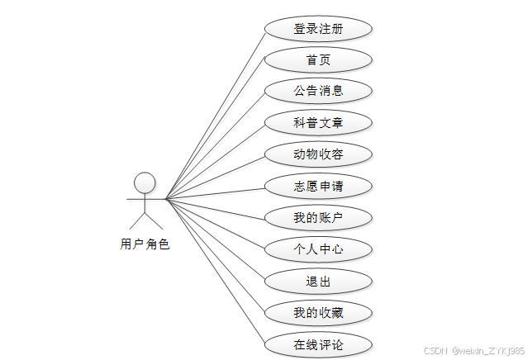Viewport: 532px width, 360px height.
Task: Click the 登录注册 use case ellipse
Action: click(x=318, y=28)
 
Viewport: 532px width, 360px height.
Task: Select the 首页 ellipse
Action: click(x=318, y=59)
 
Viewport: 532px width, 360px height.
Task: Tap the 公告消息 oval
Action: click(x=318, y=91)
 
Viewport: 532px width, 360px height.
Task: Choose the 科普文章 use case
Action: click(x=318, y=123)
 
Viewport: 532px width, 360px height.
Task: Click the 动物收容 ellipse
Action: click(x=318, y=154)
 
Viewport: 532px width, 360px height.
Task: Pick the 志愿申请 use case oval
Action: click(x=318, y=186)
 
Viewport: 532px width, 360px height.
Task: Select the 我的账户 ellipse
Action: click(x=318, y=218)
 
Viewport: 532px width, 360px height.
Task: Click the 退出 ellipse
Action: click(x=318, y=281)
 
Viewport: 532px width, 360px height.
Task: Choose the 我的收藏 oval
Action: click(x=318, y=313)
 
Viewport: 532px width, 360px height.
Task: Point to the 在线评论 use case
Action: click(x=318, y=344)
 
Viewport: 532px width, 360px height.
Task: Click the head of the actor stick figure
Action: click(x=145, y=182)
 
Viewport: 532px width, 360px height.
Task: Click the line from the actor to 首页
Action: click(x=215, y=130)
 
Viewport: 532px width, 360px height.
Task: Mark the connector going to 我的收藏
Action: click(x=215, y=256)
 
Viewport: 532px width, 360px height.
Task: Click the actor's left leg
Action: click(x=136, y=220)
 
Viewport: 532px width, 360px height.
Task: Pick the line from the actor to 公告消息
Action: click(x=215, y=144)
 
